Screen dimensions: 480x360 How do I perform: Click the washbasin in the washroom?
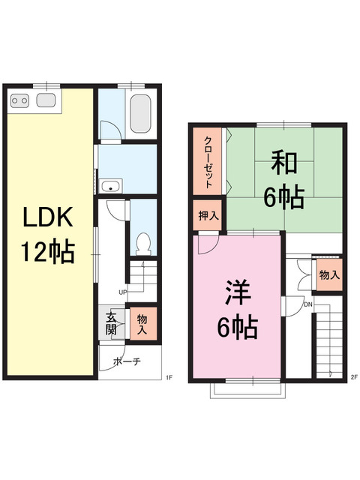point(112,187)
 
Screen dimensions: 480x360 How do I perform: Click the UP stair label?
point(121,292)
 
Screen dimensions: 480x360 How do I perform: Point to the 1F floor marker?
point(169,377)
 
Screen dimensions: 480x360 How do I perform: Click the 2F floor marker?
point(354,377)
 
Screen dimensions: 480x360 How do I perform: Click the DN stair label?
point(307,304)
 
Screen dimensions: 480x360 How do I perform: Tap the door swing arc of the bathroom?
point(110,135)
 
